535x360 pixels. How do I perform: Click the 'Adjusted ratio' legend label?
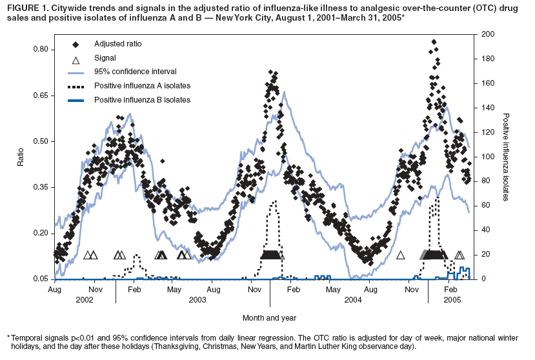118,44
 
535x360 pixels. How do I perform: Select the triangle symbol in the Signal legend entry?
76,59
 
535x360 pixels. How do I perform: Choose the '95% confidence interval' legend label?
135,72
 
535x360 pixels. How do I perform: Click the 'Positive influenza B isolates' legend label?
142,100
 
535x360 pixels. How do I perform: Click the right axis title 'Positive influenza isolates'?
506,157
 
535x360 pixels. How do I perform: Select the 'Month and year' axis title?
269,317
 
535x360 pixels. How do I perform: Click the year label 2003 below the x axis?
197,300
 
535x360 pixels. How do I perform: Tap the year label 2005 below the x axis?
451,300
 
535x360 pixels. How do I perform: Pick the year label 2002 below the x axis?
85,300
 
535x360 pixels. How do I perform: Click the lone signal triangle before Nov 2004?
400,255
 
